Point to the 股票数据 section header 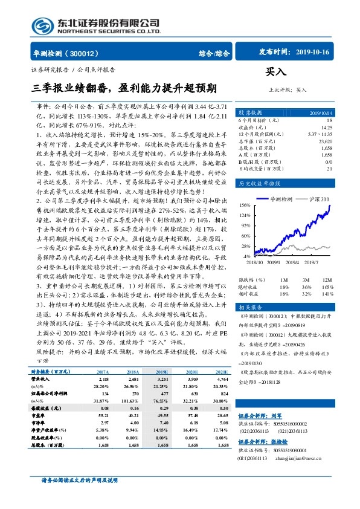[250, 113]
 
